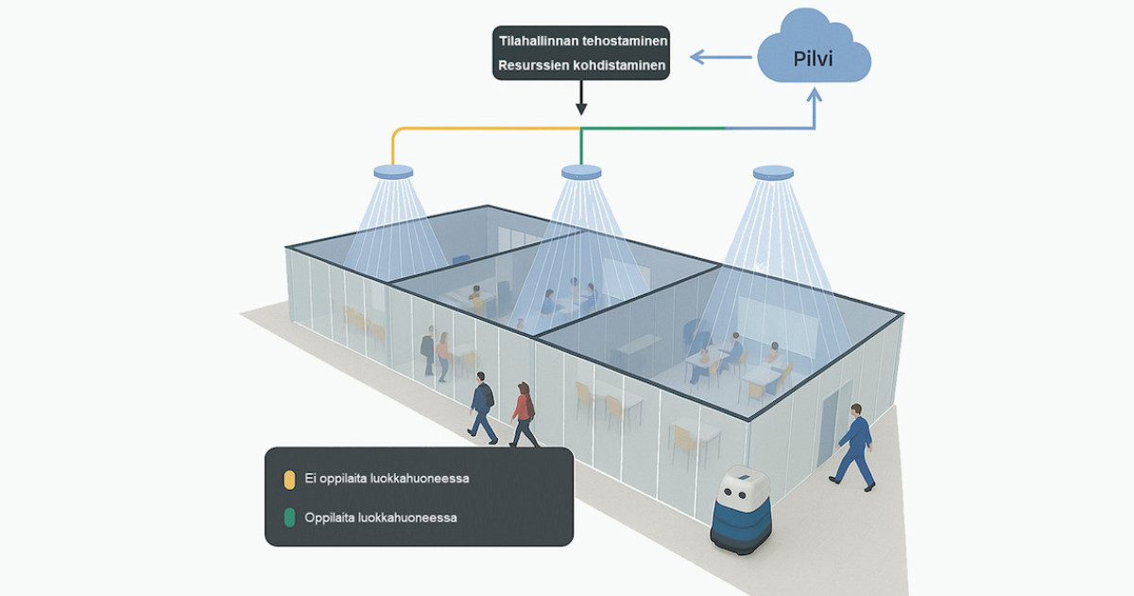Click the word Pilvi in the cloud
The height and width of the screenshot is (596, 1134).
point(814,58)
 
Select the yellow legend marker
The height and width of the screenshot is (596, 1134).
point(289,479)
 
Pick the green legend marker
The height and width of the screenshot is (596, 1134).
point(289,517)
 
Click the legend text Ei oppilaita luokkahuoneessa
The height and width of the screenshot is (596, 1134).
point(387,479)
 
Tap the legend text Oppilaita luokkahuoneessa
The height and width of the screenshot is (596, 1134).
point(381,517)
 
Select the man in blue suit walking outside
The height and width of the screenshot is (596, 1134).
point(854,445)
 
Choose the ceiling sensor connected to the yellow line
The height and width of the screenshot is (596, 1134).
point(394,172)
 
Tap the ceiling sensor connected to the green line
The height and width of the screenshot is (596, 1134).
point(581,172)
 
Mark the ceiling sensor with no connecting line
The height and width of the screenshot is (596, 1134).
point(773,172)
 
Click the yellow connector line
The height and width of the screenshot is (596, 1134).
point(472,129)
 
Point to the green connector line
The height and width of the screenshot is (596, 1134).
point(652,129)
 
